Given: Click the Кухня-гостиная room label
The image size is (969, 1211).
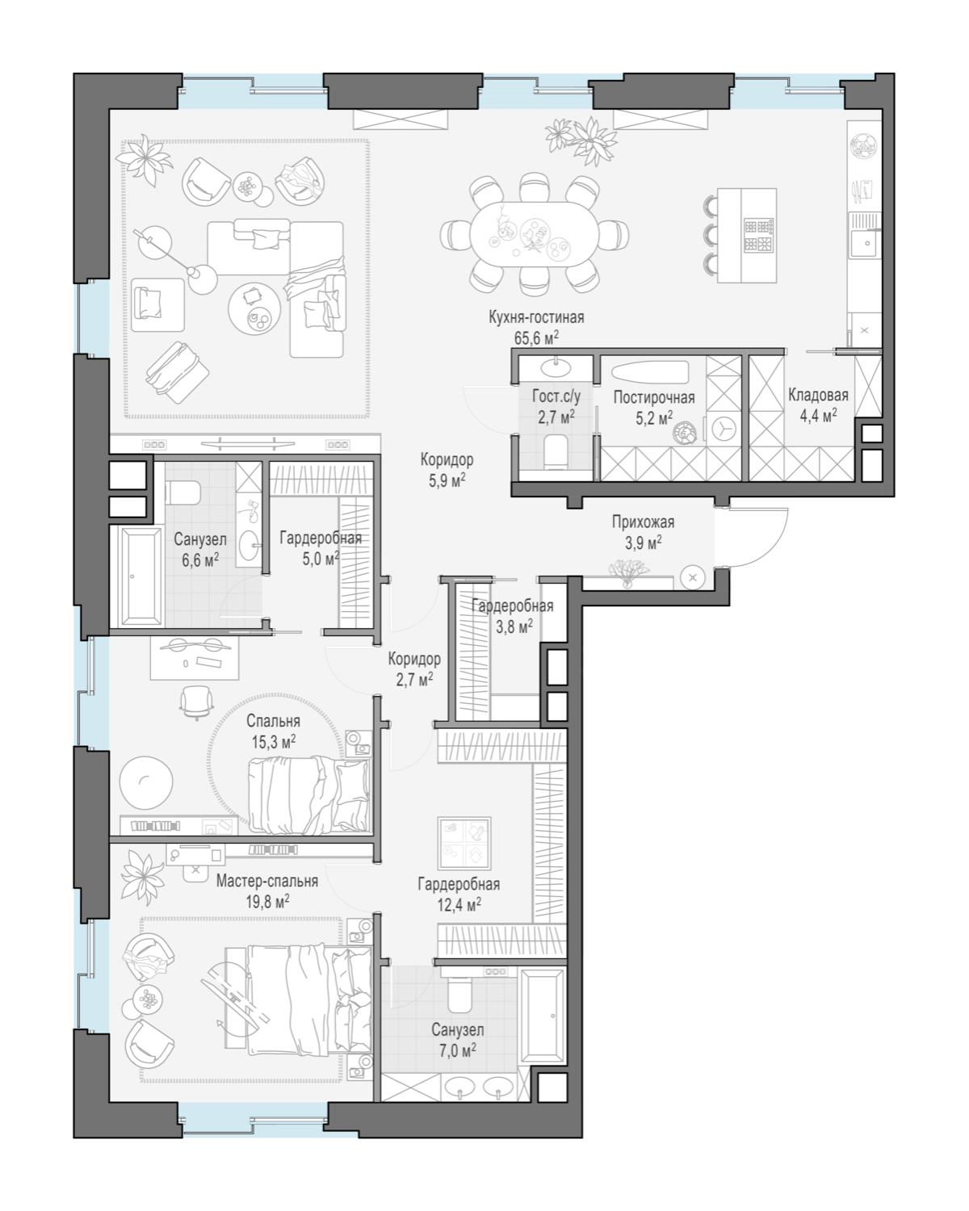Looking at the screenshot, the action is [535, 317].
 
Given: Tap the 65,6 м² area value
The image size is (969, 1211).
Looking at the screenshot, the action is [535, 337].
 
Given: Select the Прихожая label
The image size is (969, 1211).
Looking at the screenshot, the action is [643, 523].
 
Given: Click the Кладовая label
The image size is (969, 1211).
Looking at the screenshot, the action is [817, 395].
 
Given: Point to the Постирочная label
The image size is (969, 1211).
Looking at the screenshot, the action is [653, 398].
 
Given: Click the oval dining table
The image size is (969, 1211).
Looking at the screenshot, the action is [535, 233].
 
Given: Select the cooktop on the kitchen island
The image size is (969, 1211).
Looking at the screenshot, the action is [758, 236].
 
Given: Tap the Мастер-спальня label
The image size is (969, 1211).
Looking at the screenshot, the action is [267, 881].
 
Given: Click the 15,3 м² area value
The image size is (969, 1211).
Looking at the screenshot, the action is [274, 742].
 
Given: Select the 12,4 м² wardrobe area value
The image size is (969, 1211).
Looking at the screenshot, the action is [459, 904].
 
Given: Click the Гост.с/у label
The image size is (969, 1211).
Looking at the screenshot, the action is [556, 396].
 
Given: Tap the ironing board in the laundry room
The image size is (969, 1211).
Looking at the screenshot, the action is [650, 371].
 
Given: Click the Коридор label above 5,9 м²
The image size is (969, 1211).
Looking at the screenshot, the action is [447, 459].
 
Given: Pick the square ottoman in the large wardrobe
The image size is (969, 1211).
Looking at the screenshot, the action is [464, 843].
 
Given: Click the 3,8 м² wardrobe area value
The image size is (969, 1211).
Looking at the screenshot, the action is [514, 626].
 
